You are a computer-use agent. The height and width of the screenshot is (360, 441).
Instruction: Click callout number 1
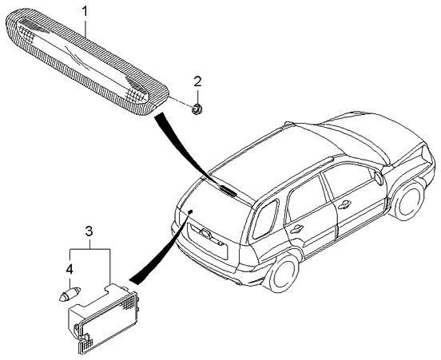click(x=85, y=11)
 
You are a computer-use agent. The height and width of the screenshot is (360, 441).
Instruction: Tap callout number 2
click(x=197, y=81)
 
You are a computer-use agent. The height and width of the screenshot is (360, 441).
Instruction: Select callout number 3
click(x=89, y=231)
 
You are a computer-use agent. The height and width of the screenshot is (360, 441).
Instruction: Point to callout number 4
click(x=70, y=270)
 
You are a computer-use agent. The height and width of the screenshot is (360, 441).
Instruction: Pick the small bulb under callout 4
click(x=70, y=293)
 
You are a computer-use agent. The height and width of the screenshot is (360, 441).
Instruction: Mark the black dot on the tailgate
click(x=190, y=211)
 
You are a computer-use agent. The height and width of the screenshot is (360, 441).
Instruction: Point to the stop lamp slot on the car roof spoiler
click(x=228, y=190)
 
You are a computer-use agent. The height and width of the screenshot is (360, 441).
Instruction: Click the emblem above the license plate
click(x=205, y=232)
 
